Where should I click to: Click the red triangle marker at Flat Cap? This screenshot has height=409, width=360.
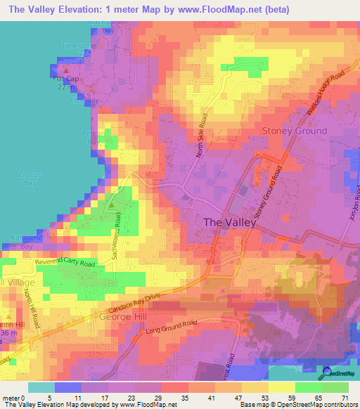[x=66, y=70]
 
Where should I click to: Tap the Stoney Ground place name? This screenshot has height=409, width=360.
[x=294, y=131]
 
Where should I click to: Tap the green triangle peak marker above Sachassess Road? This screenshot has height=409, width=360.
[x=112, y=204]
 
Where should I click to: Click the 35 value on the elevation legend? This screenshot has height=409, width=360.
[x=179, y=398]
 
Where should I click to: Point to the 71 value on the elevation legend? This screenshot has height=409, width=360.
[x=345, y=398]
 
